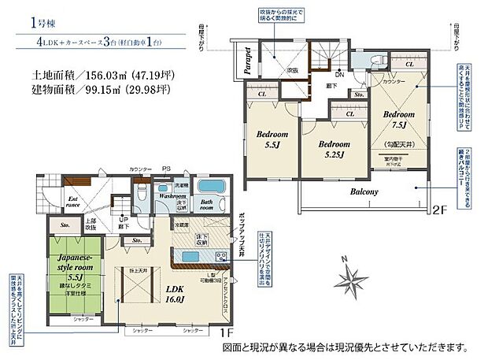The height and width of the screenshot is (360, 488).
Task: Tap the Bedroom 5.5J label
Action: [x=272, y=139]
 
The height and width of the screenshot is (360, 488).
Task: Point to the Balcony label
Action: [x=360, y=191]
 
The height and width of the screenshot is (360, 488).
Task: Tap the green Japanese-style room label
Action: [x=76, y=268]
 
